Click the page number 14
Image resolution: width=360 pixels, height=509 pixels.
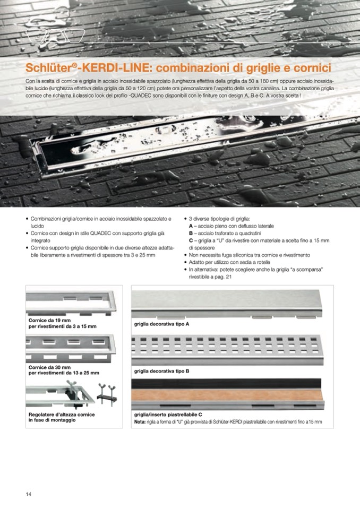pos(29,494)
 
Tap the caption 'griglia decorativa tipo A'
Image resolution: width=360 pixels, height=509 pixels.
pos(161,324)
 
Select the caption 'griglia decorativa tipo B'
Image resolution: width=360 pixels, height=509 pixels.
pos(161,371)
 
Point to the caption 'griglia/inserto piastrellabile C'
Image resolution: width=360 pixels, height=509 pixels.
pos(168,415)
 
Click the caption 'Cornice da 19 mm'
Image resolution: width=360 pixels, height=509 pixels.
pos(49,321)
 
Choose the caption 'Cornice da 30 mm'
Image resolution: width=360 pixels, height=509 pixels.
pos(49,367)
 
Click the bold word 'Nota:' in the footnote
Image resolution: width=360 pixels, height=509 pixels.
pos(140,422)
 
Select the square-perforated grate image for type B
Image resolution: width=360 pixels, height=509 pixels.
pos(226,349)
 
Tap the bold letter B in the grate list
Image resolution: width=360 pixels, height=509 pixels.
pos(191,233)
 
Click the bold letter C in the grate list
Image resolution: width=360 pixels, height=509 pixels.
pos(191,240)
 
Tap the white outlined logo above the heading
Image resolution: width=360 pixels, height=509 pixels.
pos(55,36)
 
